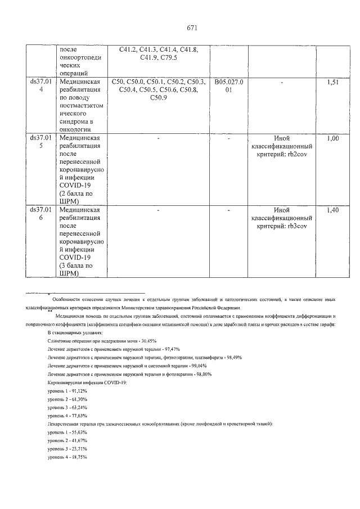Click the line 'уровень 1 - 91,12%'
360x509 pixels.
(x=67, y=390)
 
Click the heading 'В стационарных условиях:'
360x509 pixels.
(x=75, y=333)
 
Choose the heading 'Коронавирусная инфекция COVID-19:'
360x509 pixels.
(x=87, y=382)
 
